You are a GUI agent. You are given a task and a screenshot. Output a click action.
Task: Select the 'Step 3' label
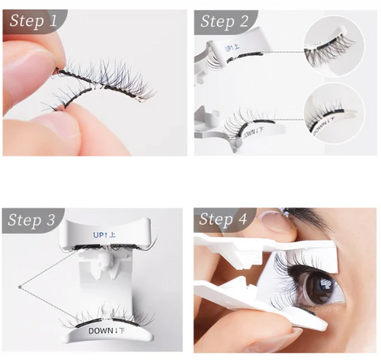point(33,220)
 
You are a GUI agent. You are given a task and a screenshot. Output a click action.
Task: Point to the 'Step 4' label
point(224,220)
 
